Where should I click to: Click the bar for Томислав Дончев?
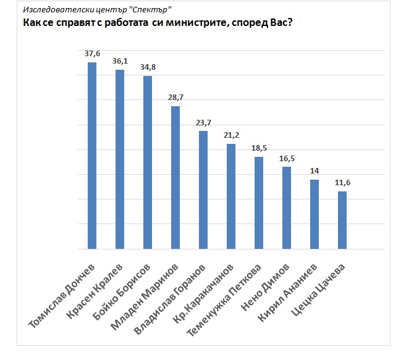click(x=92, y=156)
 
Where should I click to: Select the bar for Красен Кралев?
click(x=120, y=159)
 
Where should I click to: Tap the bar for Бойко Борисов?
click(x=148, y=162)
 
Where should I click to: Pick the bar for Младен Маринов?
click(x=175, y=178)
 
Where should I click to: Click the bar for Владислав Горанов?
click(x=203, y=190)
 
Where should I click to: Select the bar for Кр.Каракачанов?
click(x=231, y=196)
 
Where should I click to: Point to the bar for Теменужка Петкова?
click(x=259, y=203)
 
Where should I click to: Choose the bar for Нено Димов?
click(x=287, y=208)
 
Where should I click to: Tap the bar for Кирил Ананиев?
click(x=314, y=214)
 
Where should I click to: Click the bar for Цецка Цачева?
click(x=342, y=220)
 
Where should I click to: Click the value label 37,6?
click(x=92, y=53)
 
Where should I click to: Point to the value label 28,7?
click(x=175, y=98)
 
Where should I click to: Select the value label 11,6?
click(x=342, y=183)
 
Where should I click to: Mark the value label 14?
click(x=314, y=170)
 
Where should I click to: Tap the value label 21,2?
click(x=231, y=135)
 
